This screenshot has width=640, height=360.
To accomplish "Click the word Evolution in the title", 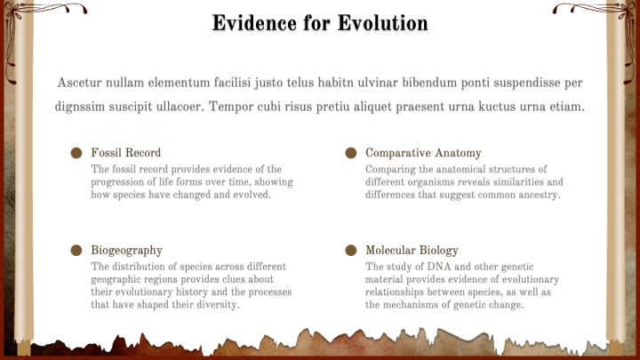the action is pyautogui.click(x=383, y=23).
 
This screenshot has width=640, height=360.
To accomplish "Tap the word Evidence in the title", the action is pyautogui.click(x=254, y=23).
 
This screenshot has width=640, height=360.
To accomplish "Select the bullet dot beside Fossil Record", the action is pyautogui.click(x=76, y=153).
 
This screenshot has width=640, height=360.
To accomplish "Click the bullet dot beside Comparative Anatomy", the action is pyautogui.click(x=351, y=153).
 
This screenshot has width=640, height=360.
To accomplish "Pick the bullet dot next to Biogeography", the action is pyautogui.click(x=76, y=250).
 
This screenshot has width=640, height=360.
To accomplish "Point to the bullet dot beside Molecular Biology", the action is pyautogui.click(x=351, y=250).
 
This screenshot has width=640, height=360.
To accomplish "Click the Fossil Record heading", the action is pyautogui.click(x=126, y=153).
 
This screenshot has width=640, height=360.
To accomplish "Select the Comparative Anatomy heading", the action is pyautogui.click(x=423, y=153).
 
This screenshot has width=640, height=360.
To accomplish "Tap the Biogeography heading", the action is pyautogui.click(x=126, y=250).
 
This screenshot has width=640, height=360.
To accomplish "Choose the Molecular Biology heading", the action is pyautogui.click(x=412, y=250).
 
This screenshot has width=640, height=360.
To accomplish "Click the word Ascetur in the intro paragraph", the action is pyautogui.click(x=79, y=83).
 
